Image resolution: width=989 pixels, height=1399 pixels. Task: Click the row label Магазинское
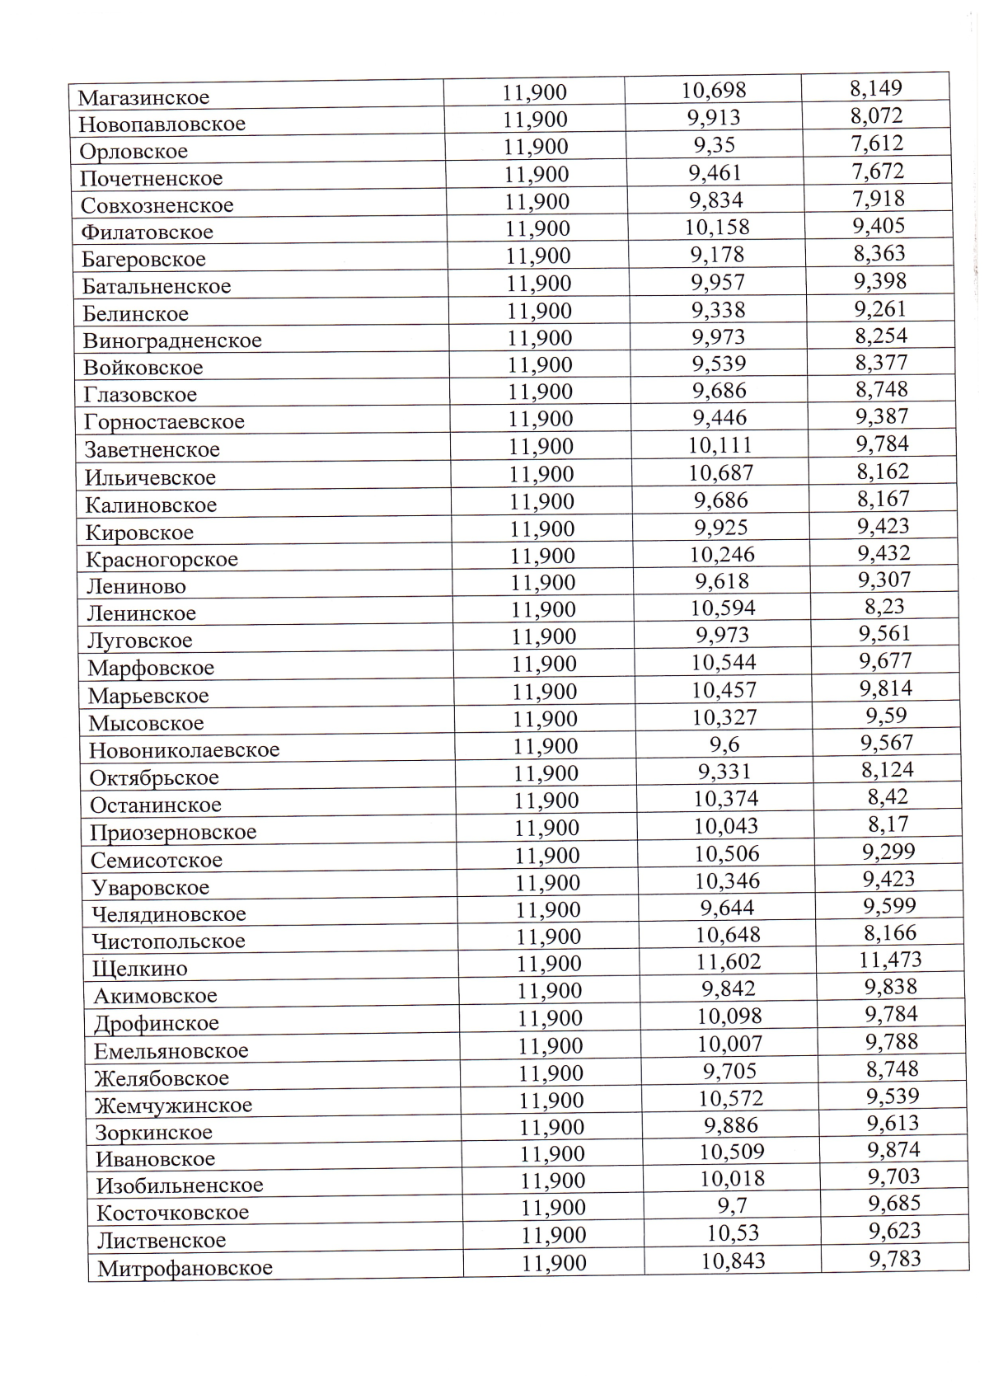click(143, 97)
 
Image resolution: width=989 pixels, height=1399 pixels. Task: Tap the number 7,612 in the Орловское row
click(877, 143)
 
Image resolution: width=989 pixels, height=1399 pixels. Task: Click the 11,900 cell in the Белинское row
click(539, 311)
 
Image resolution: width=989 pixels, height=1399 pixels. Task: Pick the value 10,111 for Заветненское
click(720, 446)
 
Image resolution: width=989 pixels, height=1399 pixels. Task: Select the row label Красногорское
click(162, 560)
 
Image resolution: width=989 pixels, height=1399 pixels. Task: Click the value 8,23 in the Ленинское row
click(884, 607)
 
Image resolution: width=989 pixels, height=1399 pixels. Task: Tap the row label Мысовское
click(146, 724)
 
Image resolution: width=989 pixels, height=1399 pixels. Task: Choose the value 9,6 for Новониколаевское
click(725, 745)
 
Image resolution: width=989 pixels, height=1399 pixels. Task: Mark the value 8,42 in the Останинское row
click(888, 797)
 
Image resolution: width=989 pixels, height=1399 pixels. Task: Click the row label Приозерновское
click(173, 833)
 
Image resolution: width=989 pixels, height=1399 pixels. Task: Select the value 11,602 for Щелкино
click(729, 962)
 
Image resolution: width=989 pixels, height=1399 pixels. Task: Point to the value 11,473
click(890, 960)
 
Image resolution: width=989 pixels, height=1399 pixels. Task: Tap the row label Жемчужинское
click(173, 1106)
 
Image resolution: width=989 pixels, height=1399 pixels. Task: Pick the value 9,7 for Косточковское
click(732, 1206)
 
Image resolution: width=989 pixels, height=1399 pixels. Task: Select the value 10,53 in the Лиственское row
click(733, 1233)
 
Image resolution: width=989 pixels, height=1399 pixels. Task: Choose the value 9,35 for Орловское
click(714, 145)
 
